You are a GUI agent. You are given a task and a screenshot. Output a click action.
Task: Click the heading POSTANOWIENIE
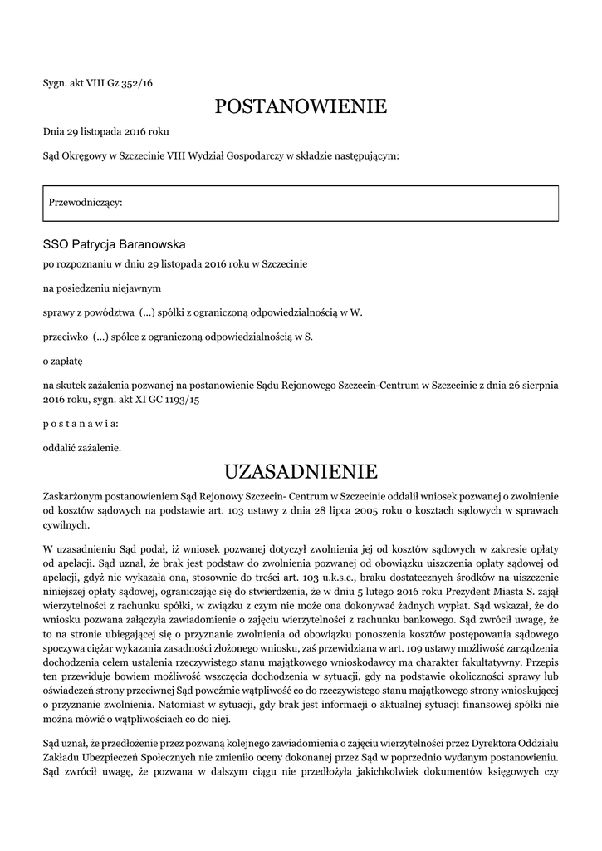point(301,106)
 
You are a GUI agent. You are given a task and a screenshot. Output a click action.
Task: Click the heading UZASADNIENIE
point(301,472)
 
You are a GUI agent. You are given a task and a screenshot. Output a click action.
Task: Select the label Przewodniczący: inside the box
point(86,203)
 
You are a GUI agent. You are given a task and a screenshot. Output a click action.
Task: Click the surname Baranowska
point(153,244)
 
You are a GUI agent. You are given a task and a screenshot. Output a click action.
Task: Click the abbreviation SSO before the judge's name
point(56,244)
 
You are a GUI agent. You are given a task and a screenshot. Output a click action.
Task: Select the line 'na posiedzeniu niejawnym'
point(101,288)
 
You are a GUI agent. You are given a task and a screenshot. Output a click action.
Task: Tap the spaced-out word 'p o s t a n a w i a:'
point(81,423)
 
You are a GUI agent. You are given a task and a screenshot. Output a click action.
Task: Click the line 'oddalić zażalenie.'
point(82,448)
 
